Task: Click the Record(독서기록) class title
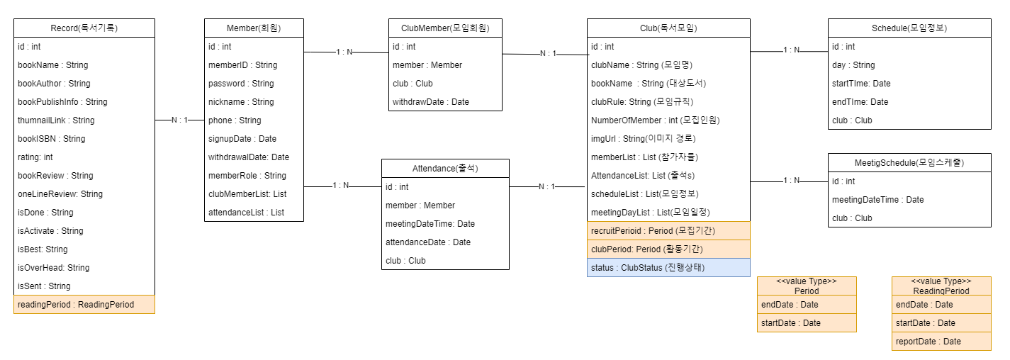click(x=84, y=28)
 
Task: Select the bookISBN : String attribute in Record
click(x=51, y=139)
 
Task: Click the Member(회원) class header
click(x=254, y=28)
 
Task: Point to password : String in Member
click(x=240, y=84)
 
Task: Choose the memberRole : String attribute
click(x=247, y=176)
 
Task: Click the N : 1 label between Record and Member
click(x=180, y=120)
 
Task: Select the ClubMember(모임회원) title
click(x=445, y=28)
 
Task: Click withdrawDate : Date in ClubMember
click(x=430, y=102)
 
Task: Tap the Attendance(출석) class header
click(x=445, y=169)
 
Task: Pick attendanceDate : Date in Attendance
click(x=427, y=242)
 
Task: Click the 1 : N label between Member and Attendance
click(x=341, y=186)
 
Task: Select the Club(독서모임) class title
click(x=668, y=28)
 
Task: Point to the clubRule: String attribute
click(x=642, y=102)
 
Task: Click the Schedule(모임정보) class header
click(x=909, y=28)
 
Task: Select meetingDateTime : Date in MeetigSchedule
click(x=877, y=200)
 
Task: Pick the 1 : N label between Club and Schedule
click(x=792, y=50)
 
